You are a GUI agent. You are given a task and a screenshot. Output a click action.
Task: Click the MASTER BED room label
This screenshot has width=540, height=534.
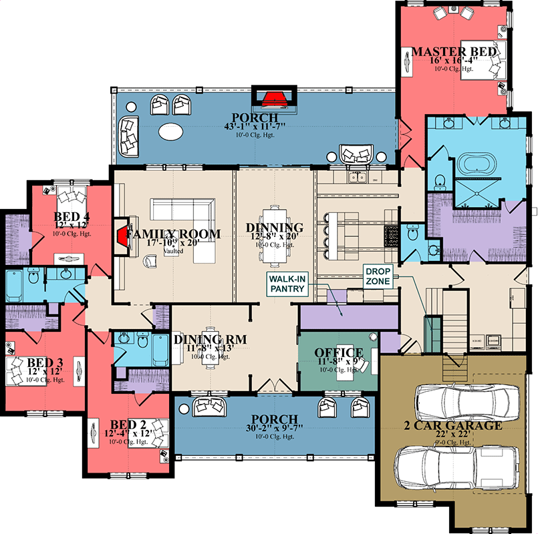click(454, 51)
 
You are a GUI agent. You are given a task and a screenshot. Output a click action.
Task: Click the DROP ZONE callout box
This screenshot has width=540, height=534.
click(378, 276)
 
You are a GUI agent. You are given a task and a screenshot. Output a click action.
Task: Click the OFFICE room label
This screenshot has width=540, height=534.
click(339, 352)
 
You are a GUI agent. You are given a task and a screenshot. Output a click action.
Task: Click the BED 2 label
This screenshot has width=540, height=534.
click(120, 425)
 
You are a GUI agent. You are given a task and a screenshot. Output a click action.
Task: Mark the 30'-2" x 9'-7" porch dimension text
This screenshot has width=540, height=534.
click(273, 428)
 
